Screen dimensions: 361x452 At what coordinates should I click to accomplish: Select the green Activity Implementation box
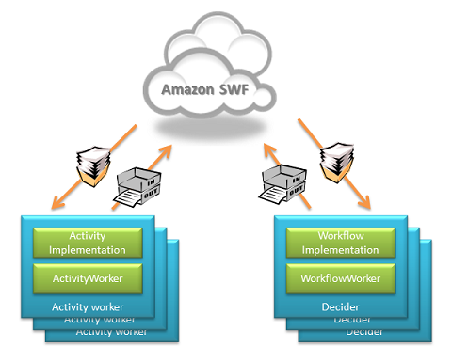click(x=88, y=243)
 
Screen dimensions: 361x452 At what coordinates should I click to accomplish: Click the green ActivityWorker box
click(x=88, y=279)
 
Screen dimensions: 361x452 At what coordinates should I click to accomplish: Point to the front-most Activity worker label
click(x=88, y=306)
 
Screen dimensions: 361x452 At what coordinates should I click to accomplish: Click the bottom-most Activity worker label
click(x=113, y=331)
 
